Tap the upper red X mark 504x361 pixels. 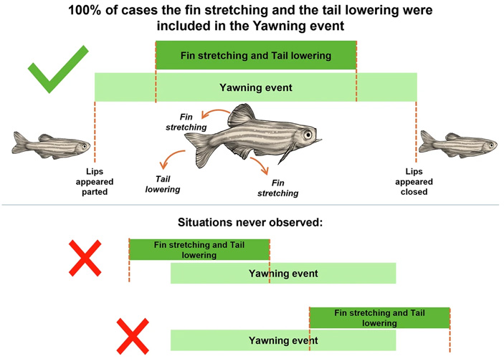click(85, 259)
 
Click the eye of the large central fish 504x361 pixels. click(307, 134)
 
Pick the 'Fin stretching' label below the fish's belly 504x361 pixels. click(275, 188)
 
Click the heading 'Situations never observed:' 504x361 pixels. click(252, 222)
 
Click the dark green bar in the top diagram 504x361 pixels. click(255, 55)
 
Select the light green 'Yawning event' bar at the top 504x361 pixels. click(255, 87)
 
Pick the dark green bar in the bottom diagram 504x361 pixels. click(379, 317)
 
